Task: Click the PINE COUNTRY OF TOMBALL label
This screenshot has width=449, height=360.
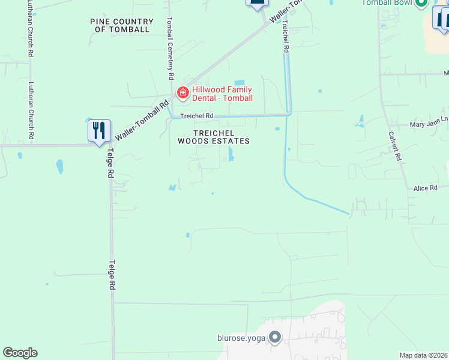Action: pyautogui.click(x=122, y=25)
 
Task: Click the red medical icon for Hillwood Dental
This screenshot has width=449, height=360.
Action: pyautogui.click(x=183, y=93)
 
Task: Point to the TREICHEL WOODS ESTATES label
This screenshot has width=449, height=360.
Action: pyautogui.click(x=213, y=137)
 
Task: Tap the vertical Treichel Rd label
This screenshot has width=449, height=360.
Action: pyautogui.click(x=286, y=38)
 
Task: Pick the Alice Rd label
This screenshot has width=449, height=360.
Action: pyautogui.click(x=425, y=188)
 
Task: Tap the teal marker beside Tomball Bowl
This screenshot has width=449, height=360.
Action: pyautogui.click(x=421, y=3)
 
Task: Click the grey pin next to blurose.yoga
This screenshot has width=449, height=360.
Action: pyautogui.click(x=275, y=337)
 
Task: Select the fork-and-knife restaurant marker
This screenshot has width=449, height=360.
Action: pyautogui.click(x=98, y=131)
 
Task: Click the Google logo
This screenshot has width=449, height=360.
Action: pyautogui.click(x=20, y=353)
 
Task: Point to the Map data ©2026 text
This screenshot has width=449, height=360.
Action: pyautogui.click(x=423, y=355)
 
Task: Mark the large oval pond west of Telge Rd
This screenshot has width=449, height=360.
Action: pyautogui.click(x=60, y=166)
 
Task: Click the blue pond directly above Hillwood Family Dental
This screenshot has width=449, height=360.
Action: pyautogui.click(x=240, y=82)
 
